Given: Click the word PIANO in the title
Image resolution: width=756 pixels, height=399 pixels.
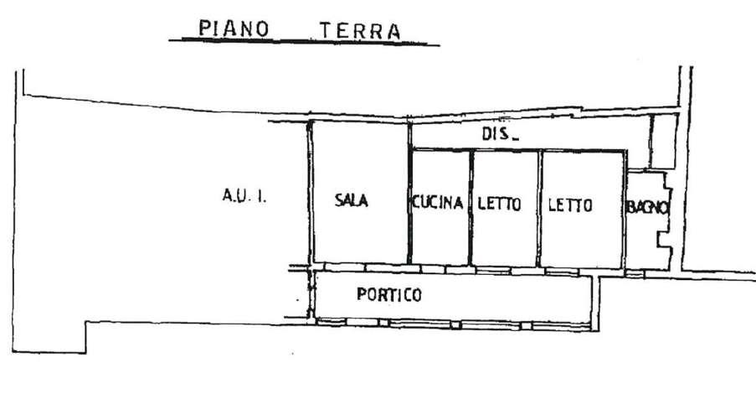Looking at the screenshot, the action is [x=234, y=29].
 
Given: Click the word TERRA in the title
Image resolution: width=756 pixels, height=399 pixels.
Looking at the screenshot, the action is [x=361, y=31].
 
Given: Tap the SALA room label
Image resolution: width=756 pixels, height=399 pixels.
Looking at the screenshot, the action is [x=352, y=200].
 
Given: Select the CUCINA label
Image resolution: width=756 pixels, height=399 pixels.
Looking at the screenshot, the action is [x=437, y=203].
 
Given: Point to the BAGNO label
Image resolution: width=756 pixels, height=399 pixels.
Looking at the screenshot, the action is [x=647, y=207].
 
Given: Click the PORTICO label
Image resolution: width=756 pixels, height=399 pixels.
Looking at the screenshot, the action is [x=389, y=294].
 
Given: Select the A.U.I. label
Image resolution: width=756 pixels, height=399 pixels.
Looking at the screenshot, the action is [x=244, y=196].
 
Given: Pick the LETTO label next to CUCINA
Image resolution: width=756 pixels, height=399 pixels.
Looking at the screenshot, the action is [x=500, y=204].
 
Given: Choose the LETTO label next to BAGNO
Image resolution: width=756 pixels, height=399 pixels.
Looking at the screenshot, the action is [x=570, y=205].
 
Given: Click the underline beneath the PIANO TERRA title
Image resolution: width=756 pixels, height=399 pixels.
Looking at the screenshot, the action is [x=304, y=43].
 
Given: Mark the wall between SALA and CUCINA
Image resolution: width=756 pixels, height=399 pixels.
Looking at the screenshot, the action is [x=409, y=193].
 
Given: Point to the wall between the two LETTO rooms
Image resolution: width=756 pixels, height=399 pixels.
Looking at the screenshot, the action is [x=540, y=209].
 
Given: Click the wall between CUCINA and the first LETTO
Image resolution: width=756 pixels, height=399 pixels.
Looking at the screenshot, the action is [x=471, y=207].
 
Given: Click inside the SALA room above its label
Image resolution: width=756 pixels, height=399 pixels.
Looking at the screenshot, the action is [x=360, y=154].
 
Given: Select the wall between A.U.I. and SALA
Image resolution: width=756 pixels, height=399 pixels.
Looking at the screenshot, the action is [x=310, y=193].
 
